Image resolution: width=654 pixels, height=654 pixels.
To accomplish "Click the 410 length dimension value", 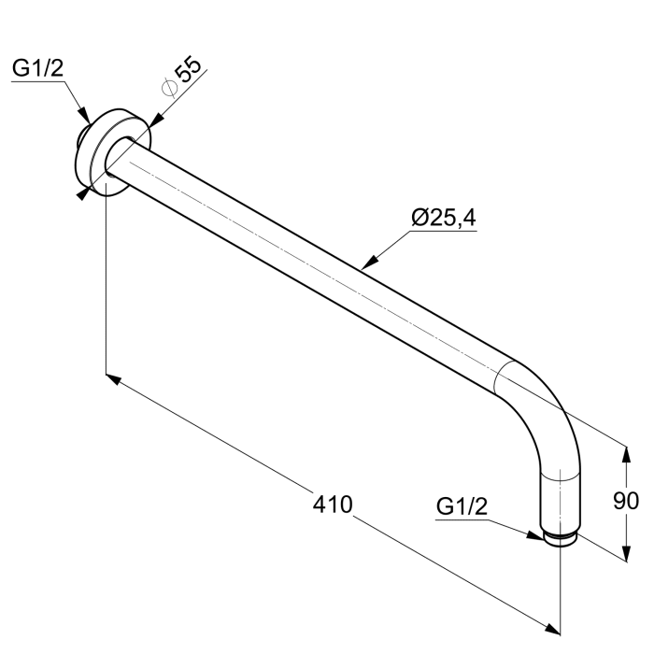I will (x=333, y=505).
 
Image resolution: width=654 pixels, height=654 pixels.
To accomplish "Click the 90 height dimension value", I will (x=625, y=501).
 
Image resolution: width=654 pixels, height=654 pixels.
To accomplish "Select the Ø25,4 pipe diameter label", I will (x=444, y=218).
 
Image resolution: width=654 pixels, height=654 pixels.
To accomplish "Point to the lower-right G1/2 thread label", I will (x=462, y=506).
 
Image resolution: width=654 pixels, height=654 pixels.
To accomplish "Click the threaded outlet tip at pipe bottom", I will (x=561, y=540).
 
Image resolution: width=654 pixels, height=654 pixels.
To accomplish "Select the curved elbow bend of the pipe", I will (x=542, y=402).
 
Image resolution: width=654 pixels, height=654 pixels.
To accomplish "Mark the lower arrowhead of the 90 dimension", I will (x=624, y=552).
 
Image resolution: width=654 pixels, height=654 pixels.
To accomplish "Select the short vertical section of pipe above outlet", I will (x=561, y=500).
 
